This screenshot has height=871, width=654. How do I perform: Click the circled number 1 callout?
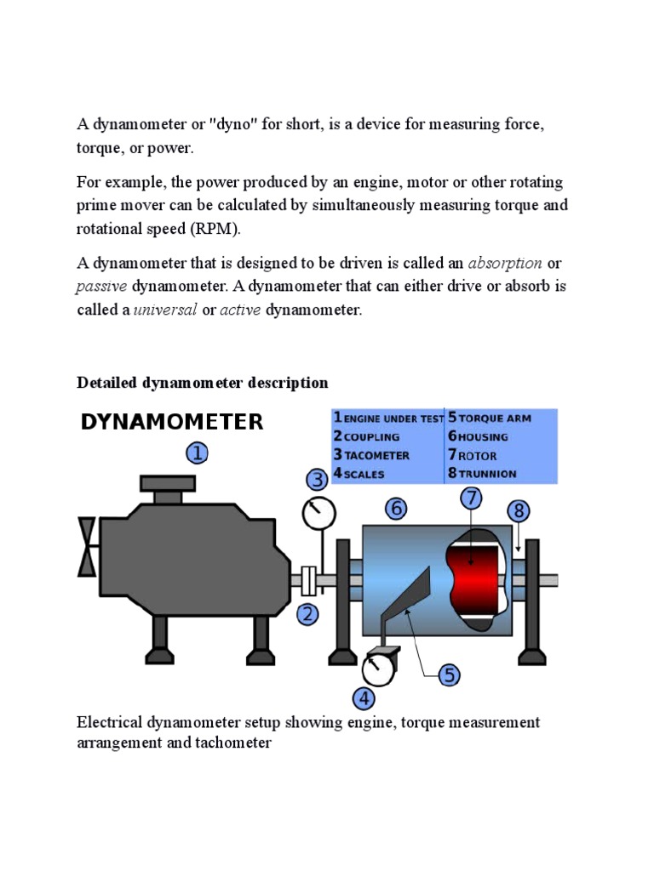tap(197, 453)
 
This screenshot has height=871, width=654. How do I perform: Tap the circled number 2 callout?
tap(307, 612)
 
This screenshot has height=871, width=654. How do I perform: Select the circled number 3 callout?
tap(318, 481)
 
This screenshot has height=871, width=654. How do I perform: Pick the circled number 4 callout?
tap(364, 699)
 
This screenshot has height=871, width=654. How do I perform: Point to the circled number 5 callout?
tap(450, 676)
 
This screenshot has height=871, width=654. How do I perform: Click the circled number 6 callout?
tap(396, 509)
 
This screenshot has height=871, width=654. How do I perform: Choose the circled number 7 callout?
tap(471, 498)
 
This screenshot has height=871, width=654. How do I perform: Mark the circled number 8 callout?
tap(519, 510)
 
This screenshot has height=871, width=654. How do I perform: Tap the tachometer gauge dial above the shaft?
tap(319, 513)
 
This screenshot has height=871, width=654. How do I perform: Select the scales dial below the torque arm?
tap(376, 668)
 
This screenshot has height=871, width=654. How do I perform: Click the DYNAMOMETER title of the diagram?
tap(172, 423)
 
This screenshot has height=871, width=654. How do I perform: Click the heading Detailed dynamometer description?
tap(202, 383)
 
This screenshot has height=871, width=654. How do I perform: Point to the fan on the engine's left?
tap(87, 545)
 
